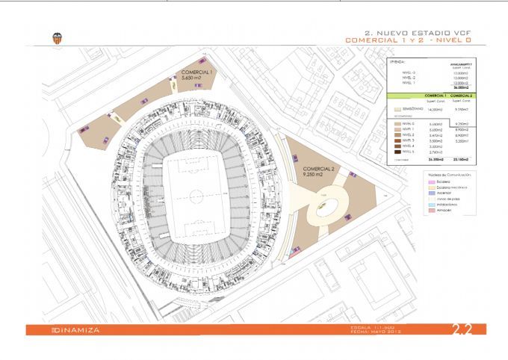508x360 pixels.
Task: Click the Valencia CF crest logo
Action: (57, 38)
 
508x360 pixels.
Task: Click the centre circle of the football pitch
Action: (194, 196)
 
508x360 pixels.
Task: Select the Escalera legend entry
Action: (442, 181)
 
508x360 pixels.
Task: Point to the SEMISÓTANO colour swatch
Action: (396, 109)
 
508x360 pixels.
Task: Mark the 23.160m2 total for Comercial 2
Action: (465, 159)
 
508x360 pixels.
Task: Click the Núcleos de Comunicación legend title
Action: (445, 173)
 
